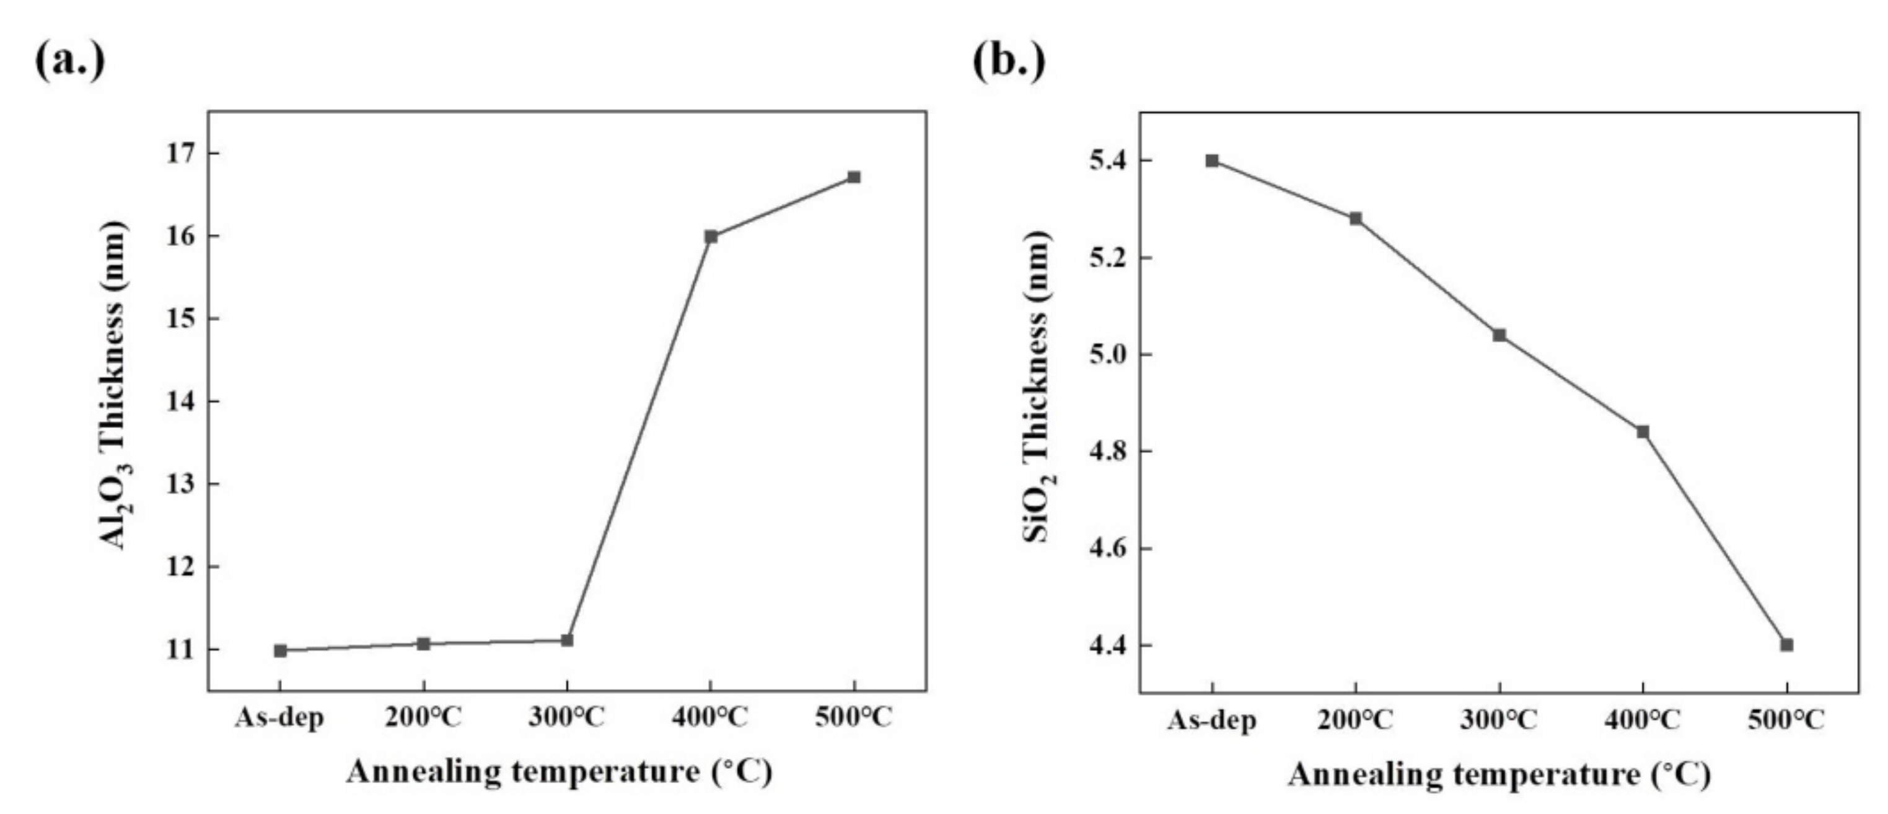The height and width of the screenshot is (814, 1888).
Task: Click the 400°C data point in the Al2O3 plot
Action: (710, 236)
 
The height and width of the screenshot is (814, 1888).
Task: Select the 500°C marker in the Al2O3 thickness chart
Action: (853, 177)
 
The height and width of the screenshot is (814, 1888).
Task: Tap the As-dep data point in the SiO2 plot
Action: (1212, 160)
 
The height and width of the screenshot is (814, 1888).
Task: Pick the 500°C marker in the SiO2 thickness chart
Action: (1786, 645)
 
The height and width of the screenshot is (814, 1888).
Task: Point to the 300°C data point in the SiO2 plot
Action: (1499, 335)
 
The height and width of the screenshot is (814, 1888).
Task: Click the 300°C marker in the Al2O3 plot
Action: (566, 640)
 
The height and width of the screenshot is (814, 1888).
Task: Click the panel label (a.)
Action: (69, 60)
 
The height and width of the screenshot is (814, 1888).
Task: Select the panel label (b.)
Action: (1009, 60)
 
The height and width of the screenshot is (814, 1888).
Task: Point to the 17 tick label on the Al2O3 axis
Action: (183, 153)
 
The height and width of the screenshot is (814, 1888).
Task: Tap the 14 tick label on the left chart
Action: (183, 401)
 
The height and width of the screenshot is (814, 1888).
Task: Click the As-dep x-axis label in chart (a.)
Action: (279, 718)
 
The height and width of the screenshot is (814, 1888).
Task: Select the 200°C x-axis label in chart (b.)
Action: (1355, 720)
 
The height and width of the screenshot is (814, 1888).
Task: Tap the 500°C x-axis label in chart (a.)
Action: (853, 718)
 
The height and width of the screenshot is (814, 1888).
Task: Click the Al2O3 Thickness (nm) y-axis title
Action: (113, 385)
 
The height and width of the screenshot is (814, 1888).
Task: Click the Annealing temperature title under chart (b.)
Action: (1499, 774)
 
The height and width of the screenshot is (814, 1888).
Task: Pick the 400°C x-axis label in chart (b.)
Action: (1642, 720)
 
